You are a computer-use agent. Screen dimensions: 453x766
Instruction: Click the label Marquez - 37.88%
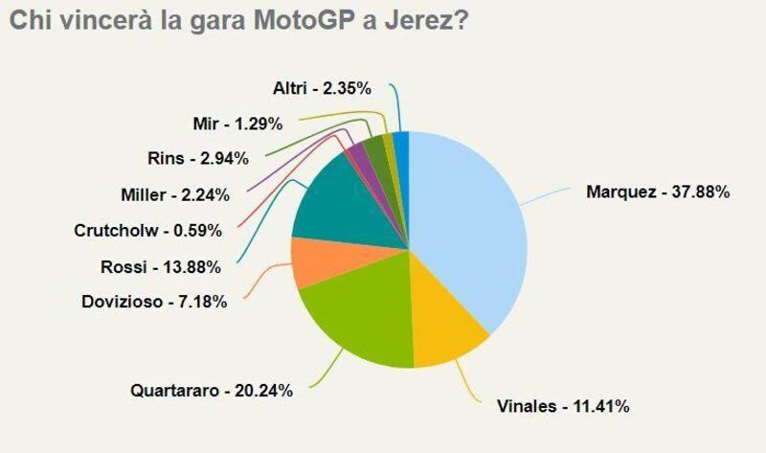click(x=658, y=192)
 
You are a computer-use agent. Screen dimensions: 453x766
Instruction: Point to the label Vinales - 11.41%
click(x=562, y=407)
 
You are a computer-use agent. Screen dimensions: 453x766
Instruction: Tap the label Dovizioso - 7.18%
click(x=154, y=303)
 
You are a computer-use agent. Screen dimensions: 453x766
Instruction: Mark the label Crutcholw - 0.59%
click(x=148, y=230)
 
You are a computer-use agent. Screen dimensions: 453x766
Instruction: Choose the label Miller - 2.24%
click(x=175, y=195)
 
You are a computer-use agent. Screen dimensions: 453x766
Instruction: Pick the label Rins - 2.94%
click(x=198, y=158)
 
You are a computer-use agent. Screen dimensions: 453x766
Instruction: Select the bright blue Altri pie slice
click(x=401, y=144)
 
